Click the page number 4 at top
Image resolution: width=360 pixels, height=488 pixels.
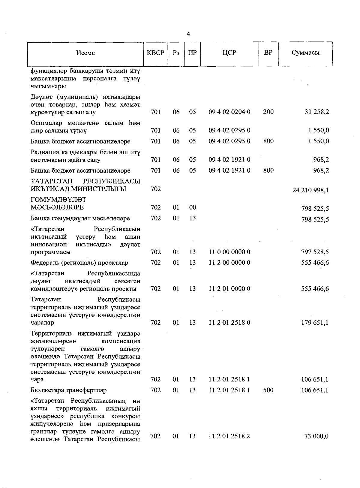(x=188, y=34)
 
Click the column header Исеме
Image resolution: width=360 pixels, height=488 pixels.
(x=85, y=53)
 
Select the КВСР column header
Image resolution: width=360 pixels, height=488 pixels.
(x=155, y=53)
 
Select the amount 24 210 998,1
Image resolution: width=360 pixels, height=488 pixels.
(x=310, y=190)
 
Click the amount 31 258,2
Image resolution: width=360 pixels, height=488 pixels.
(x=317, y=112)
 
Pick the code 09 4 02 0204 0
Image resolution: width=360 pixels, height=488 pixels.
(x=229, y=112)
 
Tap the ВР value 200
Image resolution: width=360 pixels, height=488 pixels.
(x=268, y=112)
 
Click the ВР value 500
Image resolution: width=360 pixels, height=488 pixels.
(x=268, y=390)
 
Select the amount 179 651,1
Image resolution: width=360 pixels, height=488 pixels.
(x=315, y=323)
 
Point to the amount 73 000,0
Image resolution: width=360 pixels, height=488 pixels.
(x=316, y=436)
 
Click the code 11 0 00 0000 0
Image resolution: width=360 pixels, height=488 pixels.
(x=229, y=252)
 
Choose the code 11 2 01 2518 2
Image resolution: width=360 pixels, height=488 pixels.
(x=229, y=436)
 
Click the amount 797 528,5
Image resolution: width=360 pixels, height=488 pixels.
(x=315, y=252)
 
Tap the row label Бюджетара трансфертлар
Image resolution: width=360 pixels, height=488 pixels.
(x=69, y=390)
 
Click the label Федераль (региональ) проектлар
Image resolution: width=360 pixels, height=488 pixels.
(x=79, y=263)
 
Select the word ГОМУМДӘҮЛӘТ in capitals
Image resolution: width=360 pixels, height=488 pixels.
(x=58, y=200)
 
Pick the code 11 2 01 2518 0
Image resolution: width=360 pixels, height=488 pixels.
(x=229, y=323)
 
